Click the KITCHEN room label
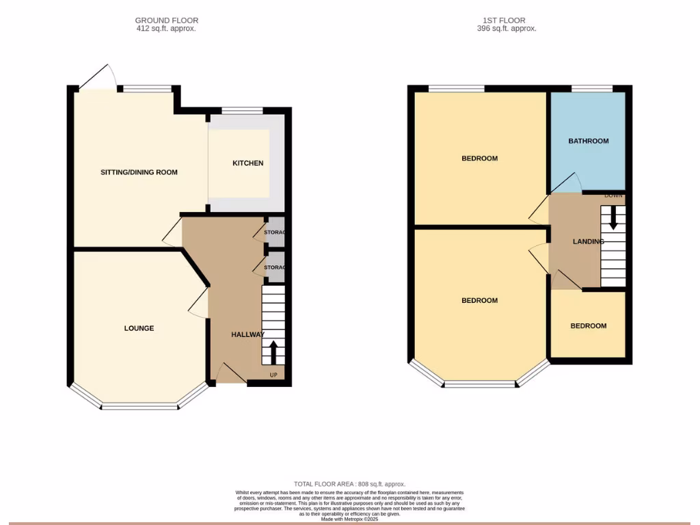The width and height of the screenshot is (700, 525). coord(247,163)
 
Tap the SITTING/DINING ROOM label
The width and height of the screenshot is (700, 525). coord(139,172)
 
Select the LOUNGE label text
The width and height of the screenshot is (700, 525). coord(139,328)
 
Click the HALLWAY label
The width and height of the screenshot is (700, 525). coord(247,334)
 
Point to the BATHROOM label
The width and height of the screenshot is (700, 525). coord(588,141)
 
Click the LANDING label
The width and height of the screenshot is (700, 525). coord(588,241)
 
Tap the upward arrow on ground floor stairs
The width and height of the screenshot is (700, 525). coord(273,353)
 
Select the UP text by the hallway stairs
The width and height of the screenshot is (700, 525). coord(273,375)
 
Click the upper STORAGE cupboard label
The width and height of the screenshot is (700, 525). coord(274,233)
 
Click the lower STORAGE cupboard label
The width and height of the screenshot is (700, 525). coord(274,267)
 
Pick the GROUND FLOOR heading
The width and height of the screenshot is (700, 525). coord(167,21)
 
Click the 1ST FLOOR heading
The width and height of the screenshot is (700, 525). coord(506,21)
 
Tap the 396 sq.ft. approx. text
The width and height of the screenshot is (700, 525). coord(506,29)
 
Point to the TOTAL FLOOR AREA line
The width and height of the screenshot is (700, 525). coord(349,484)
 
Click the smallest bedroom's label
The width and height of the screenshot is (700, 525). coord(588,325)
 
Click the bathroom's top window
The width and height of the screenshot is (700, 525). coord(591,88)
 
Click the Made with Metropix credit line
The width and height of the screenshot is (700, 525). coord(349,519)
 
